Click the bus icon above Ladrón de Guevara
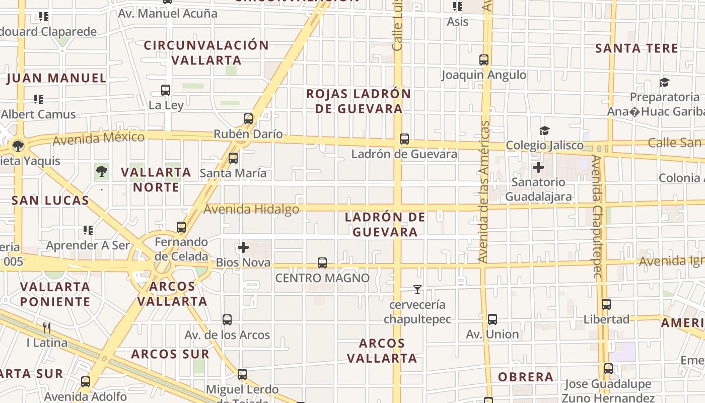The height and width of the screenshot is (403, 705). click(x=404, y=139)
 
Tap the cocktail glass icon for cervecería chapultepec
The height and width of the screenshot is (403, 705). click(x=417, y=290)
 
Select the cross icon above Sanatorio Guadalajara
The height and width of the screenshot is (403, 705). click(x=538, y=167)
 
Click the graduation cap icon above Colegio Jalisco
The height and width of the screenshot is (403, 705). click(x=544, y=131)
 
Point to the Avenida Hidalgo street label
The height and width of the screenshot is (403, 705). click(x=252, y=209)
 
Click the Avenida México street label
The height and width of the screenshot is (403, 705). click(x=99, y=138)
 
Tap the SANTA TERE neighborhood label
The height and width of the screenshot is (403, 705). click(x=637, y=48)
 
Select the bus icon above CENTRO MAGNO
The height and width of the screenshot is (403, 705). click(x=322, y=263)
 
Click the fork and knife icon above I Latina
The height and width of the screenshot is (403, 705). click(x=47, y=328)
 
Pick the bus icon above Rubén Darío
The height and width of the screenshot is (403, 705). click(x=248, y=119)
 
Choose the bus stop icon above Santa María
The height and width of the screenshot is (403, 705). click(x=233, y=158)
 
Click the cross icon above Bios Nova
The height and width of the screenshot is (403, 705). click(x=243, y=247)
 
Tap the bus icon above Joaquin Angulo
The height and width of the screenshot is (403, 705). click(x=484, y=60)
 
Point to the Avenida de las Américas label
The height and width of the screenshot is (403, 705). click(x=484, y=191)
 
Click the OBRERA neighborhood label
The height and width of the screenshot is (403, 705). click(x=526, y=377)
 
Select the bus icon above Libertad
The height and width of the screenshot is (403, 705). click(x=606, y=304)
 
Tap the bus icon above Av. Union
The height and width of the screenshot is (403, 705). click(x=492, y=319)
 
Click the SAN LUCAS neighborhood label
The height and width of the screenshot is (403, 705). click(x=50, y=200)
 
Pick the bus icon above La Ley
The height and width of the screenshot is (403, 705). click(x=166, y=90)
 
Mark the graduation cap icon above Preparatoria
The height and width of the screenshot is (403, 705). click(x=665, y=82)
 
